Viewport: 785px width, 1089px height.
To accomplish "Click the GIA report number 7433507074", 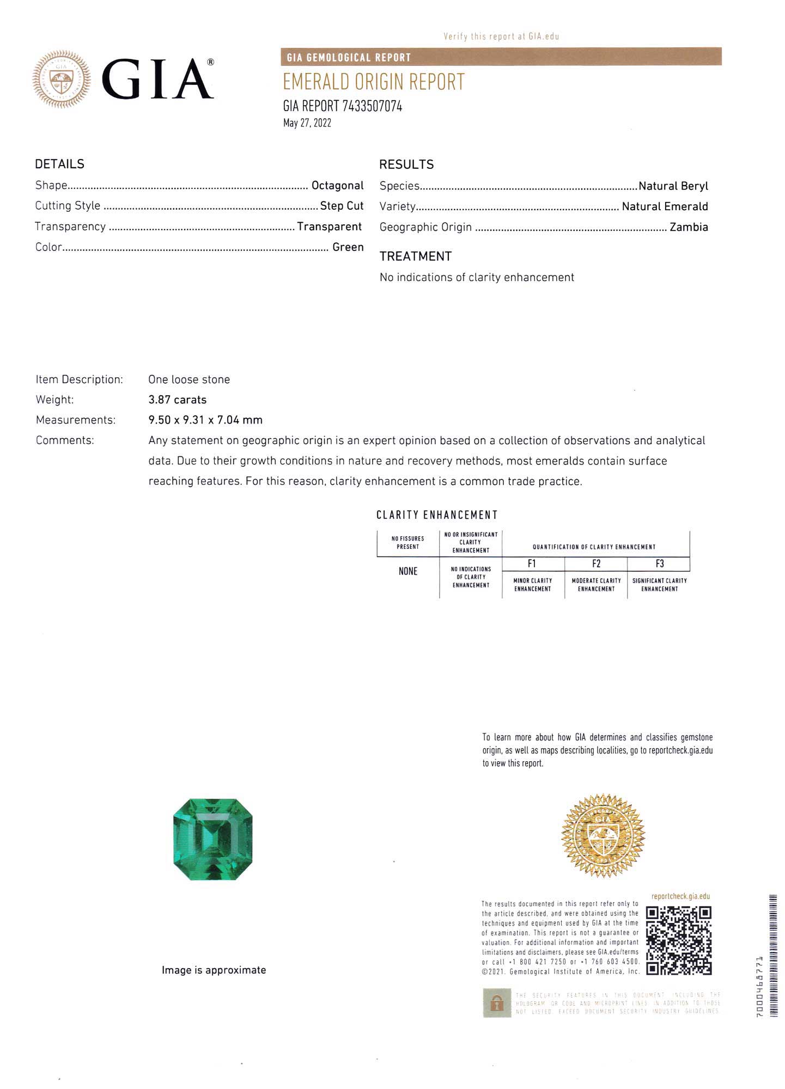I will pyautogui.click(x=342, y=106).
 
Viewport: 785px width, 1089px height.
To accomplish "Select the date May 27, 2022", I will pyautogui.click(x=307, y=123).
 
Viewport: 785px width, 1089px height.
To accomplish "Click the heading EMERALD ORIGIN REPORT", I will pyautogui.click(x=373, y=82).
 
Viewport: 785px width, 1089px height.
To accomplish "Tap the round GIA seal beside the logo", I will pyautogui.click(x=61, y=79).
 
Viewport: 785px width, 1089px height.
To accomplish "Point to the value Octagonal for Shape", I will pyautogui.click(x=337, y=186).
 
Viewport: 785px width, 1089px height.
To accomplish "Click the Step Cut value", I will pyautogui.click(x=342, y=206).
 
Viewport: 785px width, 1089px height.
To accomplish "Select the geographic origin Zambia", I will pyautogui.click(x=689, y=227).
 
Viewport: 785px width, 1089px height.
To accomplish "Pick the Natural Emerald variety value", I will pyautogui.click(x=665, y=206).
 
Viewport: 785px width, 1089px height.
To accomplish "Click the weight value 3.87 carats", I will pyautogui.click(x=178, y=400).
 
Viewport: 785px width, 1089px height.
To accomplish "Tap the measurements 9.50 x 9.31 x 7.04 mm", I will pyautogui.click(x=205, y=420).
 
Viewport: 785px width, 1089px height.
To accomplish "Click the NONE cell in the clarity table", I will pyautogui.click(x=408, y=571).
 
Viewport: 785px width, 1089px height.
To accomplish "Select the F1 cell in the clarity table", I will pyautogui.click(x=532, y=564).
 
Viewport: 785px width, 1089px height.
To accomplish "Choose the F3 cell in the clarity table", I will pyautogui.click(x=659, y=564).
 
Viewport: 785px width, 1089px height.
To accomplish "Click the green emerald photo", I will pyautogui.click(x=213, y=839).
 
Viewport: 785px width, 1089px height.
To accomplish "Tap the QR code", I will pyautogui.click(x=679, y=940).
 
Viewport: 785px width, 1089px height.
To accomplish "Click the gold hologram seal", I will pyautogui.click(x=603, y=835).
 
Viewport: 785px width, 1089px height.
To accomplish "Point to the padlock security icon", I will pyautogui.click(x=496, y=1003).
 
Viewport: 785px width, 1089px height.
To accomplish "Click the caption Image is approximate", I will pyautogui.click(x=214, y=970).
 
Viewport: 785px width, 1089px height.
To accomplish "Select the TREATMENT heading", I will pyautogui.click(x=415, y=256).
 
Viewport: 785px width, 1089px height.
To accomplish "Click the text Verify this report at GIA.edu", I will pyautogui.click(x=501, y=36).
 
